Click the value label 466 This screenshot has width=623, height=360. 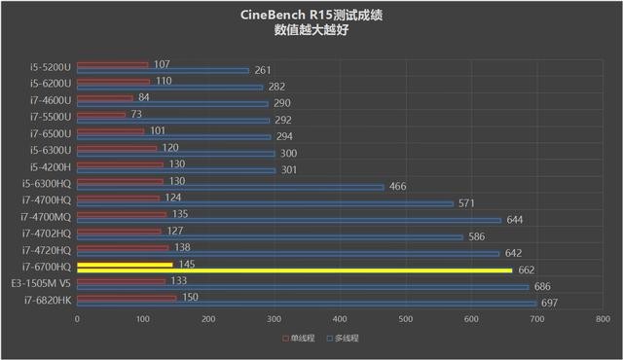(x=398, y=186)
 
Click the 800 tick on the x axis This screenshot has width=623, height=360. (x=603, y=319)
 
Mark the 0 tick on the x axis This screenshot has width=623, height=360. (x=77, y=319)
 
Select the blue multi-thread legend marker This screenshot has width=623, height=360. (x=331, y=339)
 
